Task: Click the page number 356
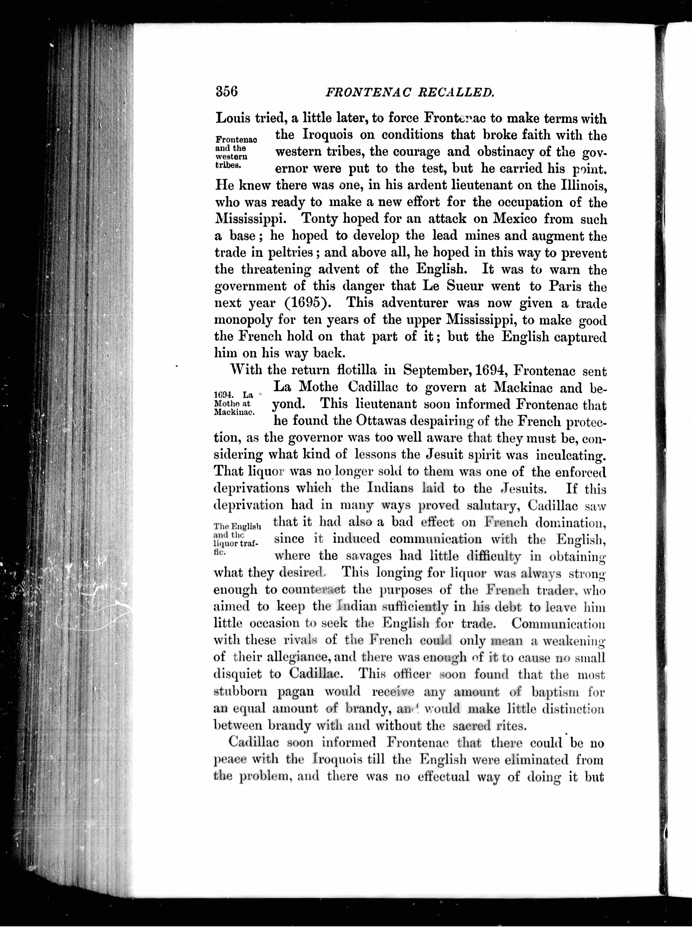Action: (x=227, y=91)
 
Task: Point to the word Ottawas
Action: (x=383, y=421)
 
